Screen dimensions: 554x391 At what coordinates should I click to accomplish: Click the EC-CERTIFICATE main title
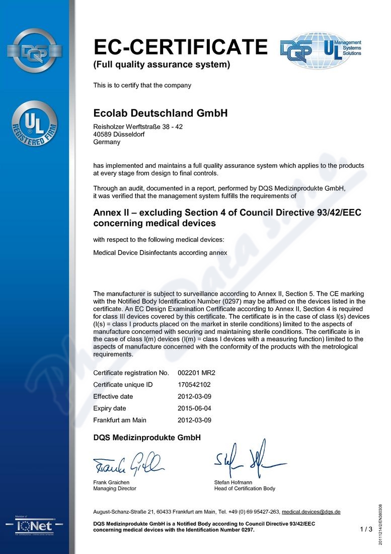[181, 47]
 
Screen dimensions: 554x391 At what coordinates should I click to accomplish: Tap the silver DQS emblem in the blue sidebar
[34, 50]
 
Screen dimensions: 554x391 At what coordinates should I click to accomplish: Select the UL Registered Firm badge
[35, 124]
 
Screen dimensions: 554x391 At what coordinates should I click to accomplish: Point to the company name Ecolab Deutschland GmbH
[161, 113]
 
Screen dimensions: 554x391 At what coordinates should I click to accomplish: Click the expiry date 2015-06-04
[195, 408]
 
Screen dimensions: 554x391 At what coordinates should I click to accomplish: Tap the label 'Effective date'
[114, 396]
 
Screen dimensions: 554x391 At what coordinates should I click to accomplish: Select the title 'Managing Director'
[115, 489]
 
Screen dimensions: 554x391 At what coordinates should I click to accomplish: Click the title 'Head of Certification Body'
[245, 489]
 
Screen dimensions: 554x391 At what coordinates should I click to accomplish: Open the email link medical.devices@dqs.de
[311, 512]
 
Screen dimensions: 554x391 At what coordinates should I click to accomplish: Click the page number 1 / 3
[366, 529]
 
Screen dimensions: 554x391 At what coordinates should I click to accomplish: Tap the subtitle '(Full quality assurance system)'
[162, 64]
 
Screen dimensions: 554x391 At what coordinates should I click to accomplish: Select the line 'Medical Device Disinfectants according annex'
[160, 253]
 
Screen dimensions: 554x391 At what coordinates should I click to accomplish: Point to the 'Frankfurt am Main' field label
[120, 420]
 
